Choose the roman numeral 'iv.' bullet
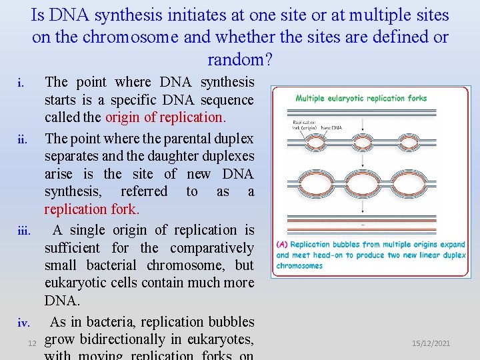click(23, 324)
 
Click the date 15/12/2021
click(431, 343)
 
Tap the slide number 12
click(31, 343)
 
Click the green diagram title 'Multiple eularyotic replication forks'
click(361, 98)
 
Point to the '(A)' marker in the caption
click(282, 245)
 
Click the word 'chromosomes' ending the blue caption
click(299, 266)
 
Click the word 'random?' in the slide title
click(239, 59)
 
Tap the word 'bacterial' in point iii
click(115, 265)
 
